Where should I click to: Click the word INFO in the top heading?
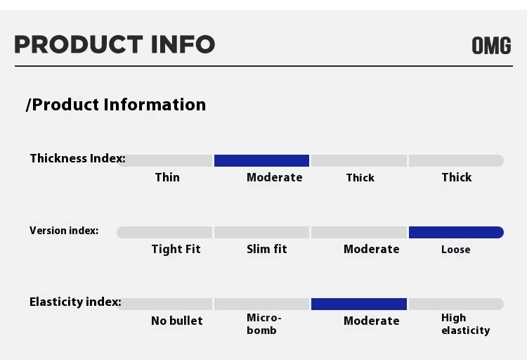183,44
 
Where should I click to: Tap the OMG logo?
491,46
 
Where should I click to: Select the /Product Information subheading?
116,105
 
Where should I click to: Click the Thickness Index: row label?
77,158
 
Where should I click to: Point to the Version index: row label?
64,231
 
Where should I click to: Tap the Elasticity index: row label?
75,302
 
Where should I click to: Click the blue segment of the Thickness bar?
261,160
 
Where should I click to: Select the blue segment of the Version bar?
456,232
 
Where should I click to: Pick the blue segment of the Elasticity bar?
359,304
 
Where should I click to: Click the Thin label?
167,177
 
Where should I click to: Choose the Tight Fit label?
176,250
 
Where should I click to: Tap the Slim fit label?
267,249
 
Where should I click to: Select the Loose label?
456,250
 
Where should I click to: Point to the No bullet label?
177,321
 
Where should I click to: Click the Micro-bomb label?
263,324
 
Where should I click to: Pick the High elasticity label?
465,324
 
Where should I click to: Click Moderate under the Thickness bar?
274,177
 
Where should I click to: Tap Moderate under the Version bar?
372,249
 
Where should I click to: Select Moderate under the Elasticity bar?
372,321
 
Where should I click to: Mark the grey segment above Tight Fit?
164,232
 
